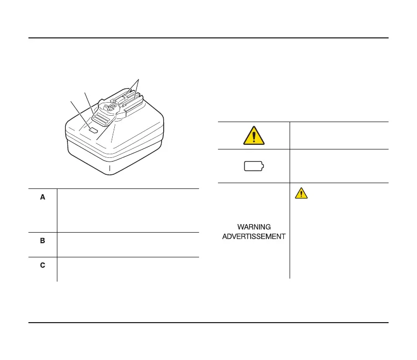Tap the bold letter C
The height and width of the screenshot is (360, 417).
(x=43, y=265)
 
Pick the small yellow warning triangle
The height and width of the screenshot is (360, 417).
(x=301, y=193)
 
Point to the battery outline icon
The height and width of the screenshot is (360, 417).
(x=254, y=167)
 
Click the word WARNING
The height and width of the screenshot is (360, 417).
(x=254, y=227)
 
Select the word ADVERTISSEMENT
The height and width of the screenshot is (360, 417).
(x=254, y=236)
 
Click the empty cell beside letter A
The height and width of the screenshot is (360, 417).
(x=128, y=210)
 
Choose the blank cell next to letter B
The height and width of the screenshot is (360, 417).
(x=128, y=244)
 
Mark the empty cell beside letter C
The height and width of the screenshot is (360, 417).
(x=128, y=269)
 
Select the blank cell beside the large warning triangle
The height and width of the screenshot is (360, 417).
(x=339, y=135)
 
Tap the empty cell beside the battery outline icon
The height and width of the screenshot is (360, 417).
(x=339, y=166)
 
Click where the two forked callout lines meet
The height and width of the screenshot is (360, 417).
(x=138, y=79)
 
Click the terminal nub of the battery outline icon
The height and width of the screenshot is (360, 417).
(x=264, y=167)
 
